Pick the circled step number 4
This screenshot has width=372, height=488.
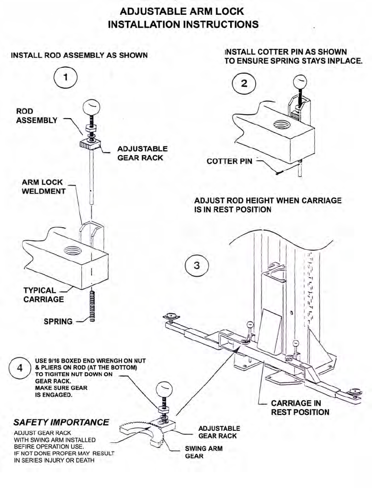(20, 368)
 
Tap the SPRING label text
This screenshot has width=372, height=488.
(58, 321)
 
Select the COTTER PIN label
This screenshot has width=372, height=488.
(229, 161)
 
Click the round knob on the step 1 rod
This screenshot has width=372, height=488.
(92, 107)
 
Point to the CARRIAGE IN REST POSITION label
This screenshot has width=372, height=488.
(300, 408)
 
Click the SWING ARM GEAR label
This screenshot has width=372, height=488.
(204, 452)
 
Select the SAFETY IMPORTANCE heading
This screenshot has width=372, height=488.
(61, 423)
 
